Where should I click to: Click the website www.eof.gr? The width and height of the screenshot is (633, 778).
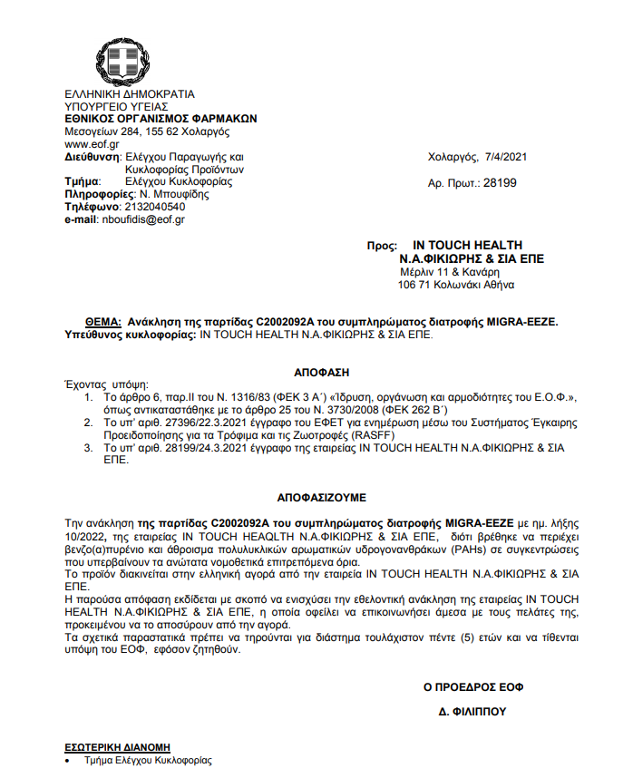coord(92,144)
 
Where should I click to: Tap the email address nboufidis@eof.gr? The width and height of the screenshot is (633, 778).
coord(142,219)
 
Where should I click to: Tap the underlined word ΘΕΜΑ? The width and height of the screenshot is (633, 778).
coord(102,322)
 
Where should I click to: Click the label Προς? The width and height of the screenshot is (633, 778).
coord(382,246)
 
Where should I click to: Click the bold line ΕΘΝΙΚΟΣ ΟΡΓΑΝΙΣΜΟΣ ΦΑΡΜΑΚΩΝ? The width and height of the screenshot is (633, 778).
coord(161,119)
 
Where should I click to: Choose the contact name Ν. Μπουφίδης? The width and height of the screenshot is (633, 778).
coord(173,194)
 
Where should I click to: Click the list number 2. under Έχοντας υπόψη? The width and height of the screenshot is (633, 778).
coord(87,423)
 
